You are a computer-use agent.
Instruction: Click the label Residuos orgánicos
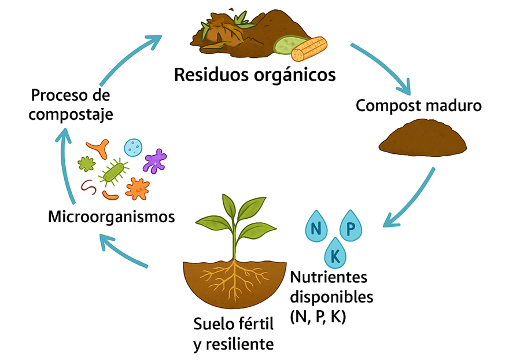coord(254,75)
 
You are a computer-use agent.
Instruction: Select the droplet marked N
coord(316,227)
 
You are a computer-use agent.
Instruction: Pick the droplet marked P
coord(351,227)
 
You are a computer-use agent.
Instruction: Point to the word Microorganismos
coord(112,217)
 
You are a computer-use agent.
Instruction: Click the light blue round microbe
coord(133,147)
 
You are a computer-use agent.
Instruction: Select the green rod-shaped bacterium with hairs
coord(114,171)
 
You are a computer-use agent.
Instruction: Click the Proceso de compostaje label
coord(71,104)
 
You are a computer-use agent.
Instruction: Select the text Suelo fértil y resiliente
coord(233,333)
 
